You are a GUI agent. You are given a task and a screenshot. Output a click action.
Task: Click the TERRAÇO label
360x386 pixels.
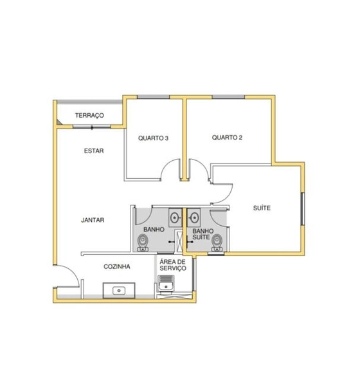pyautogui.click(x=89, y=115)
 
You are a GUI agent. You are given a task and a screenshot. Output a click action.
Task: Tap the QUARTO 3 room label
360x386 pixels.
pyautogui.click(x=153, y=138)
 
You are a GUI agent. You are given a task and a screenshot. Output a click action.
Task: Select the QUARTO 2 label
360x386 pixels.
pyautogui.click(x=227, y=138)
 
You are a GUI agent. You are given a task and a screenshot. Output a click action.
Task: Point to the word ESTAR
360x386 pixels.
pyautogui.click(x=94, y=151)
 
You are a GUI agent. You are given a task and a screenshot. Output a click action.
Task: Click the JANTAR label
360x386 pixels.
pyautogui.click(x=93, y=220)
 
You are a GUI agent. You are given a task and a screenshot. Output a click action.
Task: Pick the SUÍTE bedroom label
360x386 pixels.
pyautogui.click(x=262, y=208)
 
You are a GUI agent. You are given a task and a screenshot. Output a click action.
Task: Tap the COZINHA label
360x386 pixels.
pyautogui.click(x=117, y=266)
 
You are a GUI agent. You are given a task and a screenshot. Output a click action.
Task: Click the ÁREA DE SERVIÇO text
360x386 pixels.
pyautogui.click(x=173, y=265)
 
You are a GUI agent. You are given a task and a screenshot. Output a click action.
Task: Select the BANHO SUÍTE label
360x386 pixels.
pyautogui.click(x=203, y=234)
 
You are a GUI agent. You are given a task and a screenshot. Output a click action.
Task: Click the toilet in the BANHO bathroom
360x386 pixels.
pyautogui.click(x=143, y=243)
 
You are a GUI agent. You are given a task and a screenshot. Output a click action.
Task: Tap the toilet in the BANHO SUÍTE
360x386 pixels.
pyautogui.click(x=217, y=243)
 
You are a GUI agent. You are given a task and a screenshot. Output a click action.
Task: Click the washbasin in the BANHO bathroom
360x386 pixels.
pyautogui.click(x=175, y=217)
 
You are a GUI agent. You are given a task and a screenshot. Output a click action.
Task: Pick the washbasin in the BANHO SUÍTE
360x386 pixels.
pyautogui.click(x=194, y=217)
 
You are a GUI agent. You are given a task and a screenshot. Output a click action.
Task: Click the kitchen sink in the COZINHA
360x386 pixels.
pyautogui.click(x=119, y=291)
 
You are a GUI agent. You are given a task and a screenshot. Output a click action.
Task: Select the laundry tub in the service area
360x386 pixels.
pyautogui.click(x=166, y=283)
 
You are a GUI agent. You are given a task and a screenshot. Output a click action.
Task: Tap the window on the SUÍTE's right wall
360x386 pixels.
pyautogui.click(x=303, y=208)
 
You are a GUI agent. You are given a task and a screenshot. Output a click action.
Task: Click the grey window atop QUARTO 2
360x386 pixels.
pyautogui.click(x=228, y=96)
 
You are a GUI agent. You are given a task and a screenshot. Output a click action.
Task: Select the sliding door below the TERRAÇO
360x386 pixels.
pyautogui.click(x=92, y=127)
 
